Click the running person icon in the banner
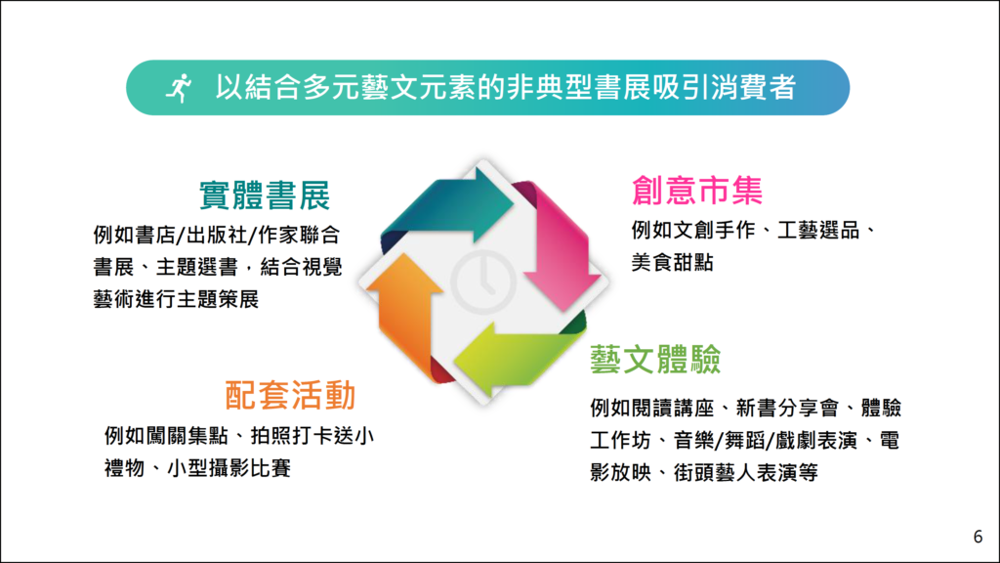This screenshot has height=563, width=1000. click(179, 88)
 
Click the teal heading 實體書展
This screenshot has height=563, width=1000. click(265, 195)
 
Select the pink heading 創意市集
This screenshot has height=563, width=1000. click(697, 191)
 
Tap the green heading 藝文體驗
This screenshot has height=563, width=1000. click(655, 360)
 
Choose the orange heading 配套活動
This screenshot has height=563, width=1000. click(290, 395)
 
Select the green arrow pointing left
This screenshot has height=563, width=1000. click(518, 353)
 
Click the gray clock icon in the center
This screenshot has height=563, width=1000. click(483, 281)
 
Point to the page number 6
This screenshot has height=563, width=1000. click(978, 537)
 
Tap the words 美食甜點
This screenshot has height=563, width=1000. click(672, 262)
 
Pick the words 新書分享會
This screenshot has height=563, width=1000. click(787, 408)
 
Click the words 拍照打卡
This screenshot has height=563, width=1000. click(291, 436)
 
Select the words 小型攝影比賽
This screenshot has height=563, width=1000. click(229, 468)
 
